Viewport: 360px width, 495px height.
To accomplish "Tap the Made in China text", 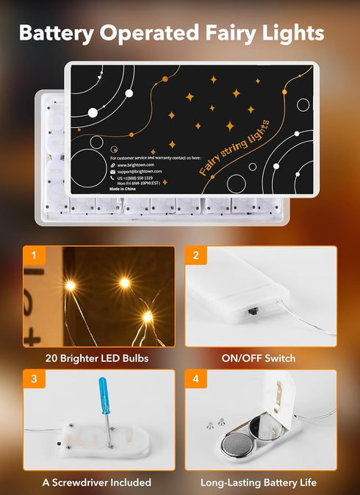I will [125, 189].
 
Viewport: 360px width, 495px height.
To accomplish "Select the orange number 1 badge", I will [32, 256].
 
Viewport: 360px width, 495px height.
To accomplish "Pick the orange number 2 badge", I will [195, 256].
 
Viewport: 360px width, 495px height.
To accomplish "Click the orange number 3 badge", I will [32, 380].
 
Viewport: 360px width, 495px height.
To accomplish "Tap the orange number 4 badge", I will [195, 380].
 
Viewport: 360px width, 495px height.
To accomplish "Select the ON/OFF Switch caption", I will [259, 358].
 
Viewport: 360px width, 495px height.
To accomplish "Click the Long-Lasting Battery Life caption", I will [259, 483].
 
